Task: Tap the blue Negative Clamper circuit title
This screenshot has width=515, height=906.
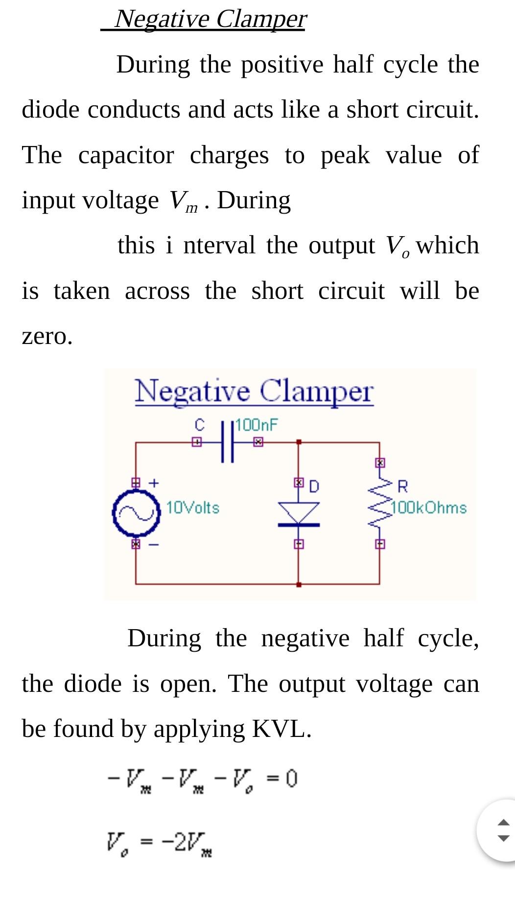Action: (x=254, y=392)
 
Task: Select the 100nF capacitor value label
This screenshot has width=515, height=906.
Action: (x=257, y=424)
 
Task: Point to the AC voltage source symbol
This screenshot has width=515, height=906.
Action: (x=137, y=514)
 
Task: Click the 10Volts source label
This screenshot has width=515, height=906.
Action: (x=193, y=508)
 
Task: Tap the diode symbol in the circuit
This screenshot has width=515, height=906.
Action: (x=299, y=514)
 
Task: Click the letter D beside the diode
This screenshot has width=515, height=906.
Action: (x=314, y=486)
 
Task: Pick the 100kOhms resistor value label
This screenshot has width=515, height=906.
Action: (x=429, y=508)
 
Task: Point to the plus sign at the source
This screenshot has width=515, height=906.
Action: (x=154, y=483)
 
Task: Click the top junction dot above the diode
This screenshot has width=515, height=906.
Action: (x=299, y=442)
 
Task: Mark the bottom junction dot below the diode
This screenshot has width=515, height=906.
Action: (x=299, y=584)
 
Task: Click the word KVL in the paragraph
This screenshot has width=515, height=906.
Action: (x=281, y=729)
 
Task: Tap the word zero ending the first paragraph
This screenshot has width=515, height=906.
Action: (x=47, y=337)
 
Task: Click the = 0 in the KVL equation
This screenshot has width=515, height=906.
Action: (x=282, y=778)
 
